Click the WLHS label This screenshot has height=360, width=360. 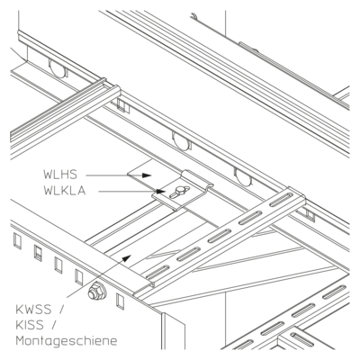click(60, 175)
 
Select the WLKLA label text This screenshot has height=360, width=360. click(65, 191)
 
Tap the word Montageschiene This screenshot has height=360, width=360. click(67, 341)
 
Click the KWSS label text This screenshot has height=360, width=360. click(33, 310)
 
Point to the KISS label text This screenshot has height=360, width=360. click(30, 325)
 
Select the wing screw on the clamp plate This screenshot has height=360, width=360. click(179, 192)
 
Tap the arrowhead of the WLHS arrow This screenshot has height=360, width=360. click(147, 175)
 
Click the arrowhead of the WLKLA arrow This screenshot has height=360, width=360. click(160, 191)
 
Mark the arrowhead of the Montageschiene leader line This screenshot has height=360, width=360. click(127, 257)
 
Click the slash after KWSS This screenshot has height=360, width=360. click(62, 310)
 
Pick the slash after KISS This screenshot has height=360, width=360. click(54, 325)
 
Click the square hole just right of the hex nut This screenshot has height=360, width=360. click(120, 301)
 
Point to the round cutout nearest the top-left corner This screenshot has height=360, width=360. click(58, 67)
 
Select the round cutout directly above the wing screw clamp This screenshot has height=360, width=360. click(182, 140)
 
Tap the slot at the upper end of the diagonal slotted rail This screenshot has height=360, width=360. click(281, 200)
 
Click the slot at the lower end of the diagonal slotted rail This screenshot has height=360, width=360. click(157, 272)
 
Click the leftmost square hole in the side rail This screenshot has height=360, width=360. click(17, 241)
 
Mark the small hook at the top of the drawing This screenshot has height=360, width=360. click(193, 16)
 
